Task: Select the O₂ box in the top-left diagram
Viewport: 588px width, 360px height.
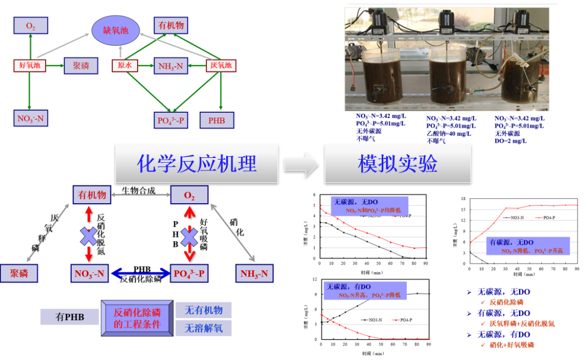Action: (x=30, y=25)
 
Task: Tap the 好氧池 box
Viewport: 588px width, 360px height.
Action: (x=30, y=66)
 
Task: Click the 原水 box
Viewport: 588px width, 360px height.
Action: (x=125, y=66)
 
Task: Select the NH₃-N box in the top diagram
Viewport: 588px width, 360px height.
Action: (x=171, y=66)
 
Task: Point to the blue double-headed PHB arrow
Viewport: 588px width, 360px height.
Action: (x=141, y=272)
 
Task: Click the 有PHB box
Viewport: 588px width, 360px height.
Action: (x=70, y=316)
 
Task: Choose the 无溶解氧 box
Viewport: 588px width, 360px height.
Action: (x=203, y=328)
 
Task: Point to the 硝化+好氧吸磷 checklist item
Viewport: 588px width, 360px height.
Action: (x=511, y=345)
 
